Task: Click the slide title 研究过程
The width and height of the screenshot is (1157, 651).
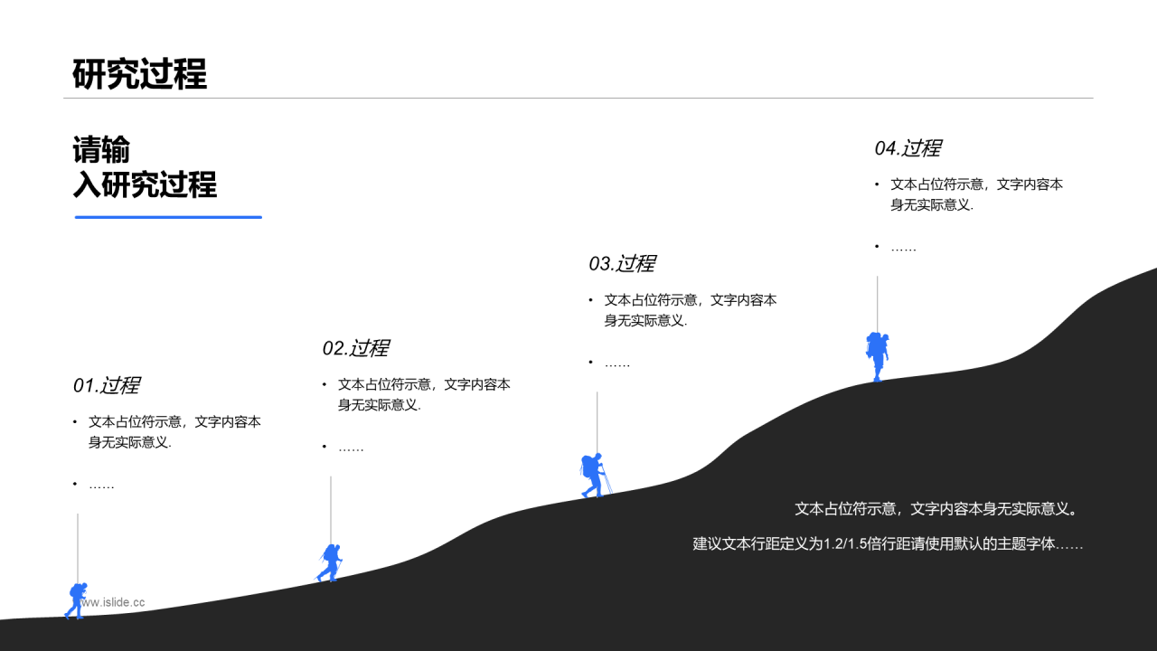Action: (x=140, y=74)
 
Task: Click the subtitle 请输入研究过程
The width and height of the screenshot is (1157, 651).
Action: (x=145, y=167)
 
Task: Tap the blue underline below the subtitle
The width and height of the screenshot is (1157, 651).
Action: (x=168, y=217)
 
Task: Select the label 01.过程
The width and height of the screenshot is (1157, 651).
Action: (x=107, y=385)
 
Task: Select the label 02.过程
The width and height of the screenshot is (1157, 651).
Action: (x=356, y=348)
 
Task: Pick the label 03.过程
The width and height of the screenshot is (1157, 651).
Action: (x=622, y=264)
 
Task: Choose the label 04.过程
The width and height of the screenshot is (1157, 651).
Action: (x=908, y=148)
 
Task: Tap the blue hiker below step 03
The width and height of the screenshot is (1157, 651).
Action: (x=593, y=475)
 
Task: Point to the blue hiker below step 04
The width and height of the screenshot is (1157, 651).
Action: (x=877, y=355)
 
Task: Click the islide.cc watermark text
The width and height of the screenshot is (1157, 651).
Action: (x=112, y=601)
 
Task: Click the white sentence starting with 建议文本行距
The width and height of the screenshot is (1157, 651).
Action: (x=888, y=544)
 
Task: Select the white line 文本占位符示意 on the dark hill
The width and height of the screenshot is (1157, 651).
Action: (x=936, y=509)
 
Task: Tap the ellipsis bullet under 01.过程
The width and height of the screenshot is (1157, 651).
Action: (x=101, y=486)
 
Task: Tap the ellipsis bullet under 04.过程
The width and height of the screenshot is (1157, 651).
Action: (x=903, y=247)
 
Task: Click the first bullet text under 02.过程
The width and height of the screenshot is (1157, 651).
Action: (x=423, y=394)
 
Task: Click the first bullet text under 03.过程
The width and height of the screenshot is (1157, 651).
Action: (x=690, y=309)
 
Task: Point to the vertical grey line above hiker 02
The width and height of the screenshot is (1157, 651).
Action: (x=331, y=508)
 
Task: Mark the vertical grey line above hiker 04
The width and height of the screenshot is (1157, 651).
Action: (x=877, y=303)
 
